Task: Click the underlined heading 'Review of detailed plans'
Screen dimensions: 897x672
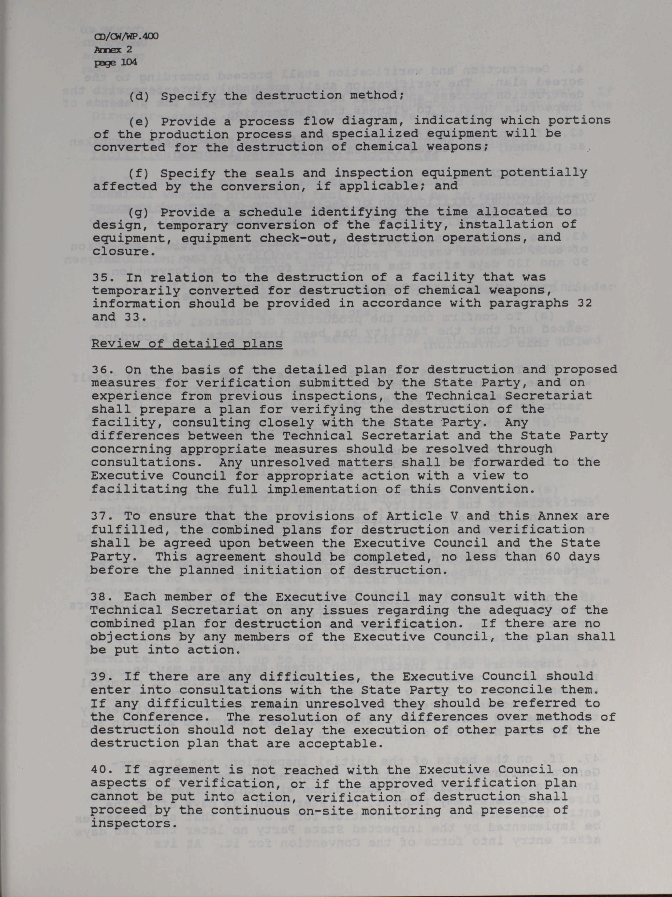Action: [187, 344]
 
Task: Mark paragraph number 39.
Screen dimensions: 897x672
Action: [101, 677]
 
